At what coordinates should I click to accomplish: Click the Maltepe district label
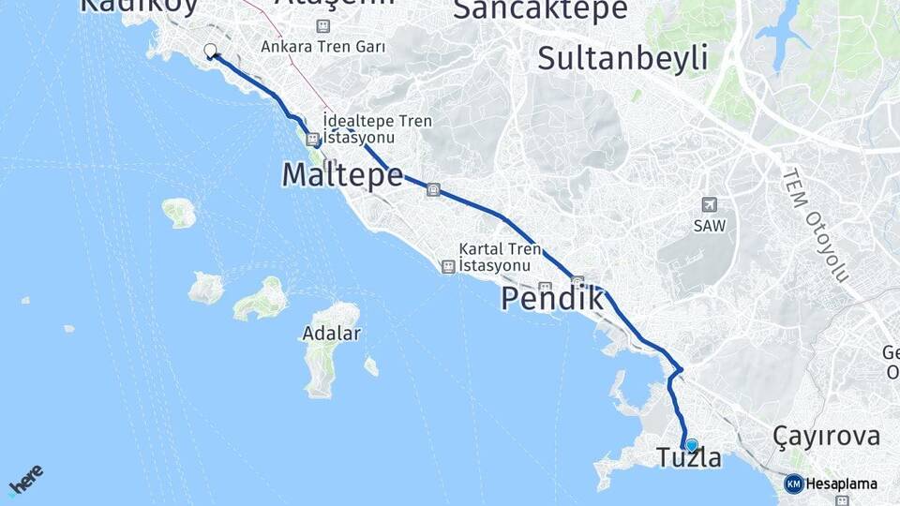coord(342,175)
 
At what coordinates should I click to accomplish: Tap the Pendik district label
coord(551,299)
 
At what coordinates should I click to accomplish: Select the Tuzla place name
coord(689,459)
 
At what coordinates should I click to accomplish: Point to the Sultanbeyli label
coord(622,58)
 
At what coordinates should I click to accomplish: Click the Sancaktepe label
coord(540,9)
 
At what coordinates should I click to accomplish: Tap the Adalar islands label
coord(331,334)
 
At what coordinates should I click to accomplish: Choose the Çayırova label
coord(827,436)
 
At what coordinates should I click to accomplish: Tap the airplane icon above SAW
coord(708,204)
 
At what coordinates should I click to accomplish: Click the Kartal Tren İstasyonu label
coord(500,258)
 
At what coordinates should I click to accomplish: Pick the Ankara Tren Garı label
coord(323,45)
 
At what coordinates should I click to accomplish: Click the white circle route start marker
coord(210,51)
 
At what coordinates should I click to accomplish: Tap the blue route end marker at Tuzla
coord(692,445)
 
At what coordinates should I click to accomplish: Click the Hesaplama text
coord(841,484)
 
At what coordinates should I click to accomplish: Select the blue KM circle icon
coord(793,484)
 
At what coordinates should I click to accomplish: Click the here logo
coord(25,480)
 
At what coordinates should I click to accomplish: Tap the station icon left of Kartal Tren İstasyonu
coord(448,267)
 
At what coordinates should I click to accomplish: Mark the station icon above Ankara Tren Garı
coord(323,26)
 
